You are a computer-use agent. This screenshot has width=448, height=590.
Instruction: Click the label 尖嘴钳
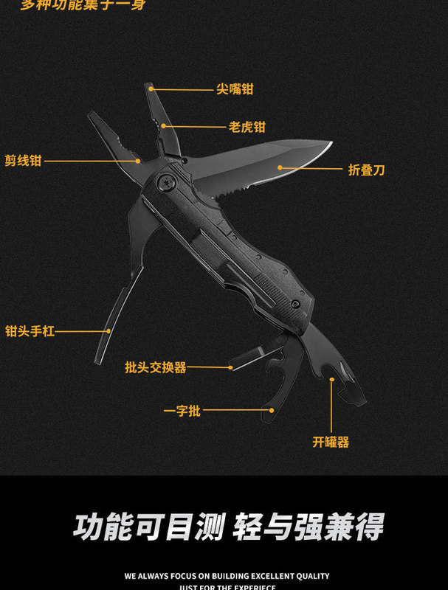pos(235,89)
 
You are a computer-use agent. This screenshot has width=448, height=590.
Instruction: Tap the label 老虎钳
pos(247,127)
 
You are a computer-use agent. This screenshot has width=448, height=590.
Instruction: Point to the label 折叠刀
pos(367,170)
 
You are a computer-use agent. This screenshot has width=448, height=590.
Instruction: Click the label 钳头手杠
pos(30,332)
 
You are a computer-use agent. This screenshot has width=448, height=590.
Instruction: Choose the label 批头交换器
pos(156,367)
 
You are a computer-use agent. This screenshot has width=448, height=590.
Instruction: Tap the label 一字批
pos(182,411)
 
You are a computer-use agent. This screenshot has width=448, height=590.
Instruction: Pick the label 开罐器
pos(331,442)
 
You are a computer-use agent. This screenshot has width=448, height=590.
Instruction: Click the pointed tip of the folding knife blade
pos(331,144)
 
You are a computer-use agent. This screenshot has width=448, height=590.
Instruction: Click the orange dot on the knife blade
pos(280,167)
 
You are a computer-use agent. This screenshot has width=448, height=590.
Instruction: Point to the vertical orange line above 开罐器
pos(332,406)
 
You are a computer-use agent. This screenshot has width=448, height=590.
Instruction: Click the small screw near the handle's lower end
pos(296,303)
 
